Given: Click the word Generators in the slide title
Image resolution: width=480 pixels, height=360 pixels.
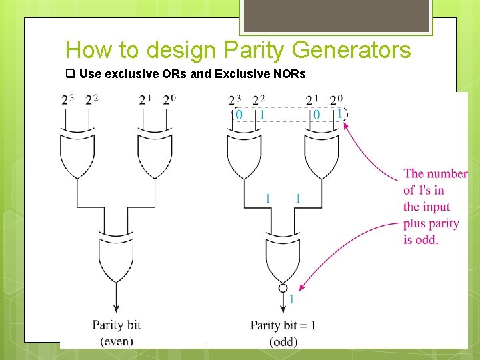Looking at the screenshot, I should pos(355,50).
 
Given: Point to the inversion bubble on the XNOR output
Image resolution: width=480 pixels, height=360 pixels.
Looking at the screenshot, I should pos(283,289).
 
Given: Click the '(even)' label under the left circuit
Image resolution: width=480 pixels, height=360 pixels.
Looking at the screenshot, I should pos(116,341).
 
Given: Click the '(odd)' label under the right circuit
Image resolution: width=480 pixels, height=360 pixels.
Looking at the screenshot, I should pos(283,341).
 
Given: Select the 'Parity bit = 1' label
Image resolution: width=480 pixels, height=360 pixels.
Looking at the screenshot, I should pos(283,325).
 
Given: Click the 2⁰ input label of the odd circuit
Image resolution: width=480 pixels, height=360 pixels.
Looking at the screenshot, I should pos(337,100).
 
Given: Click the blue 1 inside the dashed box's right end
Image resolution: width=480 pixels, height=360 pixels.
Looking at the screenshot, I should pos(339,115).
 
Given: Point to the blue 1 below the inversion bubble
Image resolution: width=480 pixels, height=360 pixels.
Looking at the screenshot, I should pos(291,301).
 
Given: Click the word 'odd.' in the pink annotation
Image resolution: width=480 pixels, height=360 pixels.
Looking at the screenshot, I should pos(421,239).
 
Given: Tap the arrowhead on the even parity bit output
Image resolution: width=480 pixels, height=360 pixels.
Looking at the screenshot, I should pos(116,308).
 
